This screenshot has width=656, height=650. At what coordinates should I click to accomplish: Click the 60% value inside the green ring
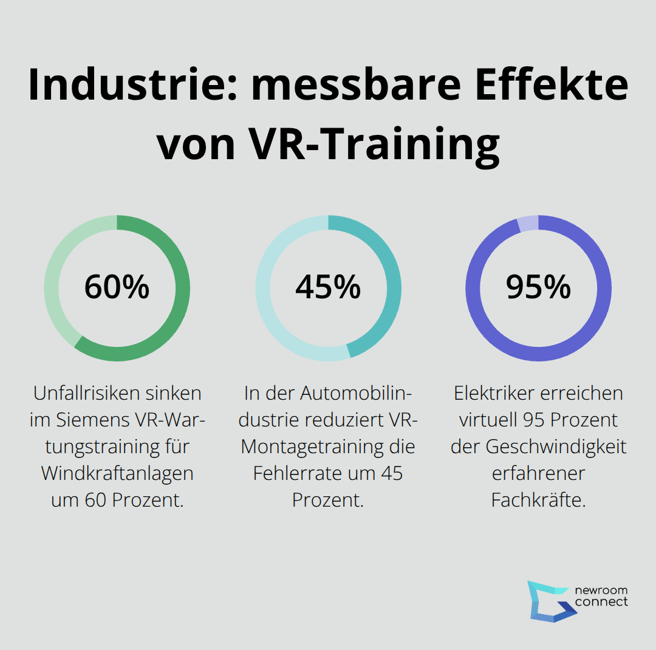tap(117, 287)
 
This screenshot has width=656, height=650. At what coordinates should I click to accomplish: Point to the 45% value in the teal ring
tap(328, 287)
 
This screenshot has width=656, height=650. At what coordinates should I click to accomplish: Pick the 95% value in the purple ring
tap(538, 287)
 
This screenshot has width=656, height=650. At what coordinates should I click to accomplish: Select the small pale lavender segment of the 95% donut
tap(527, 224)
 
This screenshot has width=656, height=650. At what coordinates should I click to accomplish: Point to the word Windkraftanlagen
tap(117, 473)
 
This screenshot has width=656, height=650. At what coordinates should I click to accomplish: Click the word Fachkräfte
tap(538, 500)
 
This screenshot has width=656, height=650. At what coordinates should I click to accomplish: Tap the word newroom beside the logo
tap(601, 590)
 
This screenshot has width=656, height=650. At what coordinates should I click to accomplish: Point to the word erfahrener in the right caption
tap(538, 473)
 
